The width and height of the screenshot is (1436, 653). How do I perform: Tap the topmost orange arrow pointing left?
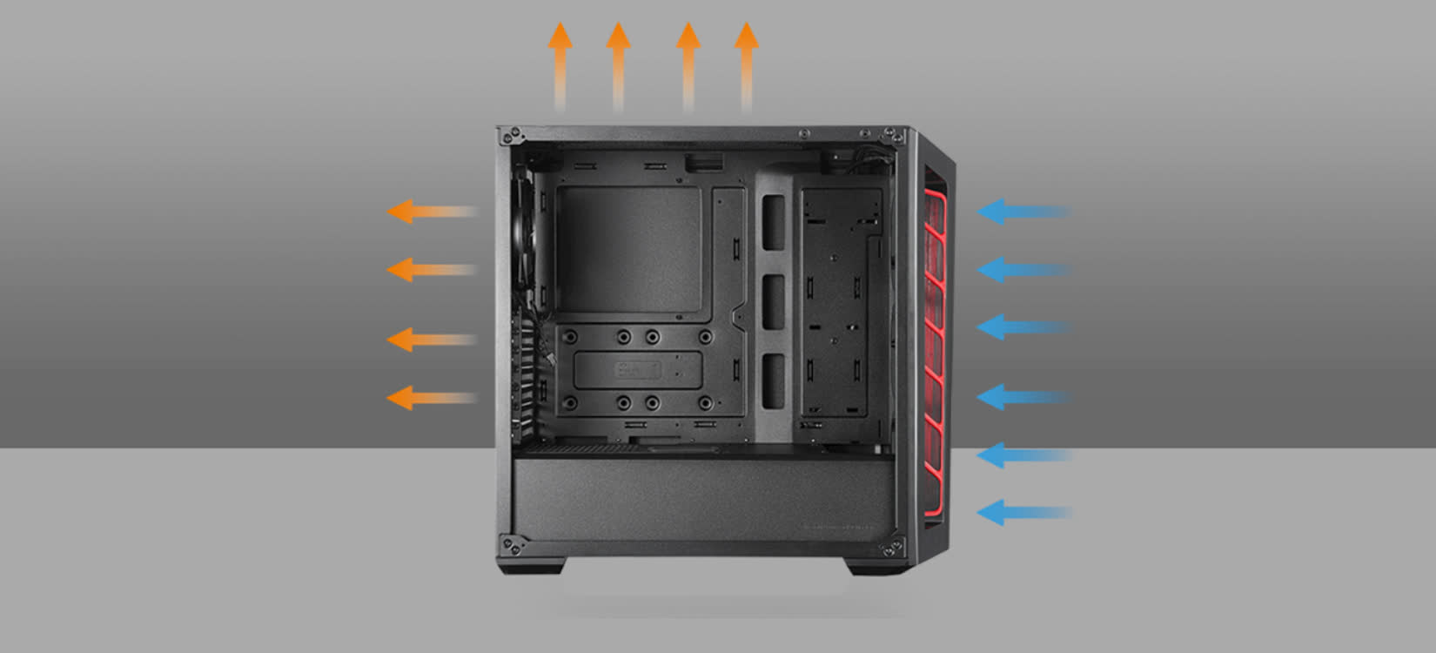(x=430, y=212)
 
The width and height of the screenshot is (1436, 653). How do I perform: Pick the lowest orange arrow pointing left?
(x=430, y=399)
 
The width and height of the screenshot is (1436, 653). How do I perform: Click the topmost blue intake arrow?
(x=1023, y=212)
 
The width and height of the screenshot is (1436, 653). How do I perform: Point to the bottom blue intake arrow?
(x=1023, y=513)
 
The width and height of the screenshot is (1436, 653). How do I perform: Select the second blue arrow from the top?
(x=1023, y=269)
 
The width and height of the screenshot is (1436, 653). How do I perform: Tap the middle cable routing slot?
(x=773, y=302)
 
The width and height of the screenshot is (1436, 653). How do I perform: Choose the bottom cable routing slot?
(x=773, y=380)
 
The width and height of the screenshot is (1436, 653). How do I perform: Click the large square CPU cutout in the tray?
(x=628, y=250)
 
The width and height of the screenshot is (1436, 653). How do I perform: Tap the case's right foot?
(x=877, y=566)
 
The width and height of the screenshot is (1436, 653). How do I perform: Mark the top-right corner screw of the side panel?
(x=891, y=136)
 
